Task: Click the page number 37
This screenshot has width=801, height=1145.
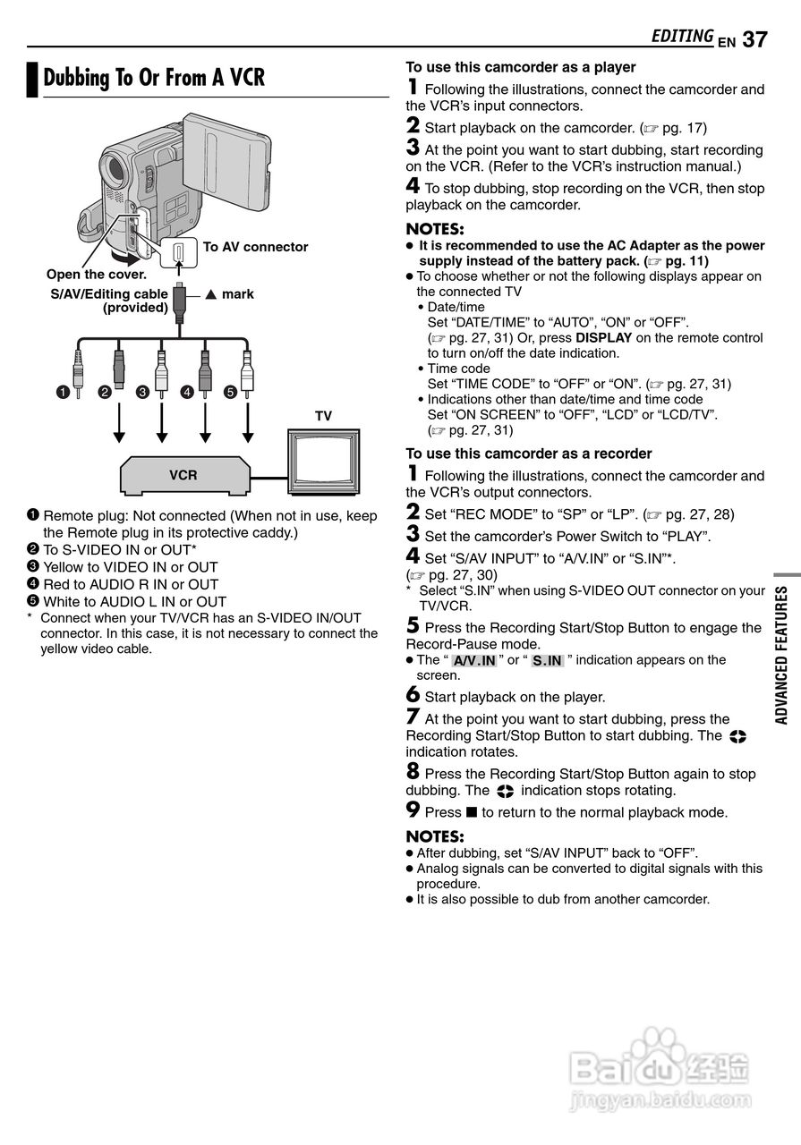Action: pyautogui.click(x=754, y=38)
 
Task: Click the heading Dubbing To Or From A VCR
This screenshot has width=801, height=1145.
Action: pyautogui.click(x=154, y=78)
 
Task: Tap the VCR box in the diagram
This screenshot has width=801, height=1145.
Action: pyautogui.click(x=183, y=475)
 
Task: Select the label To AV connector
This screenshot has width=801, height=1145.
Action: pyautogui.click(x=255, y=247)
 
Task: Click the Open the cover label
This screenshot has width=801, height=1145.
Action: pyautogui.click(x=97, y=275)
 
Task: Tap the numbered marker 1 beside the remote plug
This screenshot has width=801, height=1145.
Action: pyautogui.click(x=62, y=391)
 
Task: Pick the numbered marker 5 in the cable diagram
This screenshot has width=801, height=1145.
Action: pyautogui.click(x=230, y=391)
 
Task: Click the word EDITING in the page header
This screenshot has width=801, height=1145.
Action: pyautogui.click(x=682, y=36)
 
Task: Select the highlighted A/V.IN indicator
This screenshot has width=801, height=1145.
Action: pyautogui.click(x=474, y=661)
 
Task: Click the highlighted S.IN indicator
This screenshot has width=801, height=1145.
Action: pyautogui.click(x=547, y=661)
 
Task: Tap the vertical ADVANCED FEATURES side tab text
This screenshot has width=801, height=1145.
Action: pyautogui.click(x=781, y=655)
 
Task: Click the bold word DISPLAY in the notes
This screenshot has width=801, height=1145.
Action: pyautogui.click(x=603, y=338)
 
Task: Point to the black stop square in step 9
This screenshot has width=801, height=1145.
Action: pyautogui.click(x=472, y=812)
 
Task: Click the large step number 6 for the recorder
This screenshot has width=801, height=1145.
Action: pyautogui.click(x=413, y=695)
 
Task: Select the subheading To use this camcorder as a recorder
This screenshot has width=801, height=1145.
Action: pyautogui.click(x=529, y=454)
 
